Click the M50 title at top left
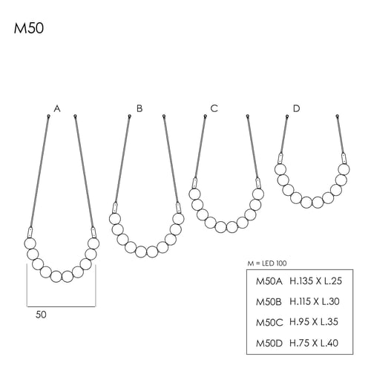point(29,28)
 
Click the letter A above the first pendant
point(57,108)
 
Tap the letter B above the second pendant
point(139,108)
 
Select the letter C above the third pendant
point(214,108)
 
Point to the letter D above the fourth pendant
point(296,108)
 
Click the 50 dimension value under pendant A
point(41,315)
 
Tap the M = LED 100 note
point(267,263)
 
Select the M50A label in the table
point(269,281)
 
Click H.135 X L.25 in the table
point(315,281)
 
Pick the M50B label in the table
point(269,302)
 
